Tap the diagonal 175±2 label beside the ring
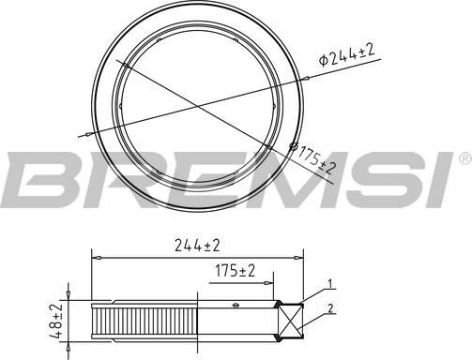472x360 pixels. (316, 161)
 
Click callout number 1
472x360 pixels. (329, 282)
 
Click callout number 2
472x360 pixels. (329, 308)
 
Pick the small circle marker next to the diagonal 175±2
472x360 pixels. (293, 147)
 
